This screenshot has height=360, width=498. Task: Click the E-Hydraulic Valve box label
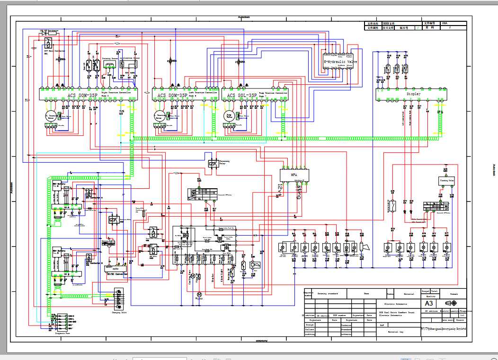click(x=340, y=61)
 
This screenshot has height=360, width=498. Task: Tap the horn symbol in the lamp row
click(x=363, y=247)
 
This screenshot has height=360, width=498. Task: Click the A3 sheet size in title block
click(x=428, y=303)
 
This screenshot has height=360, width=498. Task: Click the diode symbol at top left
click(x=45, y=33)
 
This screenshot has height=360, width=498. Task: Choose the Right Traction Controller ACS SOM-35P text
click(x=82, y=95)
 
